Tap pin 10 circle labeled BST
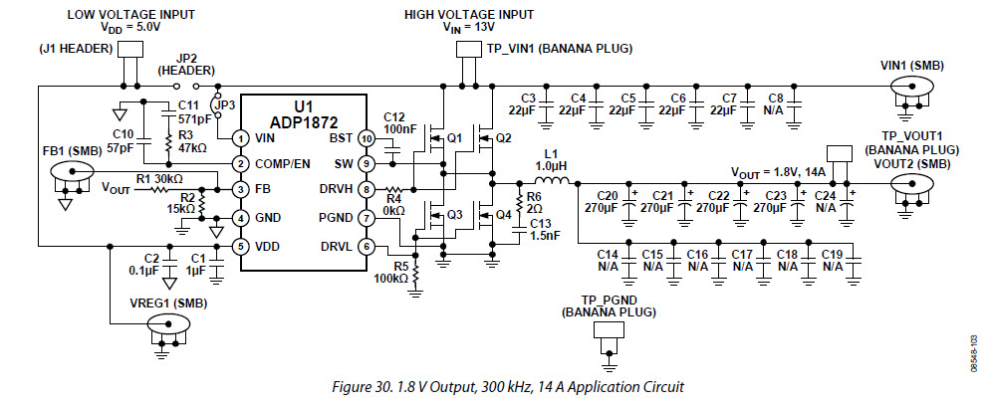pyautogui.click(x=368, y=137)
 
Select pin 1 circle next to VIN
pyautogui.click(x=240, y=137)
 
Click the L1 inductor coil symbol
pyautogui.click(x=552, y=182)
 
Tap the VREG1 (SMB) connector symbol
pyautogui.click(x=166, y=323)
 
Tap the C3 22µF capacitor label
pyautogui.click(x=530, y=102)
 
